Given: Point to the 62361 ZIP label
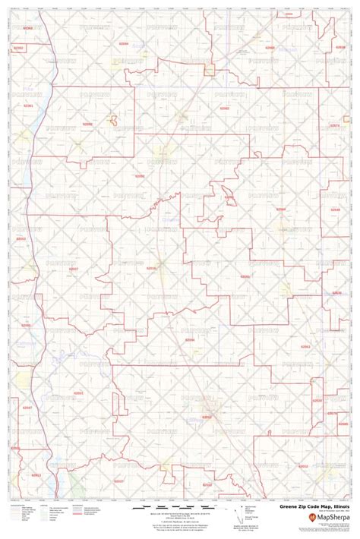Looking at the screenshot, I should (x=28, y=106).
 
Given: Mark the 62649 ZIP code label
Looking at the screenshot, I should (x=335, y=208).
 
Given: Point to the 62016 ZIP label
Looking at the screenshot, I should (x=150, y=267).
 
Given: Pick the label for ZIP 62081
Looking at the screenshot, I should (x=245, y=278).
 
